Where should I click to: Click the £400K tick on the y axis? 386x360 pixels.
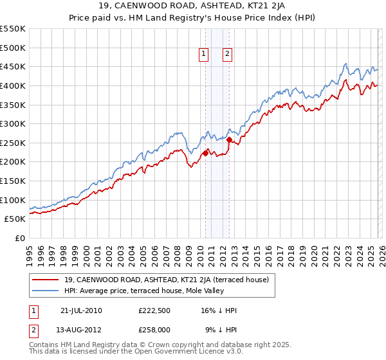(x=13, y=85)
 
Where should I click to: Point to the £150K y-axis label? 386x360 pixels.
(x=13, y=181)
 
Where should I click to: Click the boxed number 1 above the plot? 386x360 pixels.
(x=204, y=55)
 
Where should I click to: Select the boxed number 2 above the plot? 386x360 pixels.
(x=228, y=55)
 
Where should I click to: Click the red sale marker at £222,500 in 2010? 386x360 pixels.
(x=206, y=153)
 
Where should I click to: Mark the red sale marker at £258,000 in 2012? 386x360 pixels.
(x=230, y=139)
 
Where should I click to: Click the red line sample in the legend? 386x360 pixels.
(x=46, y=280)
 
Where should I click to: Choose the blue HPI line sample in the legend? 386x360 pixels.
(x=46, y=291)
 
